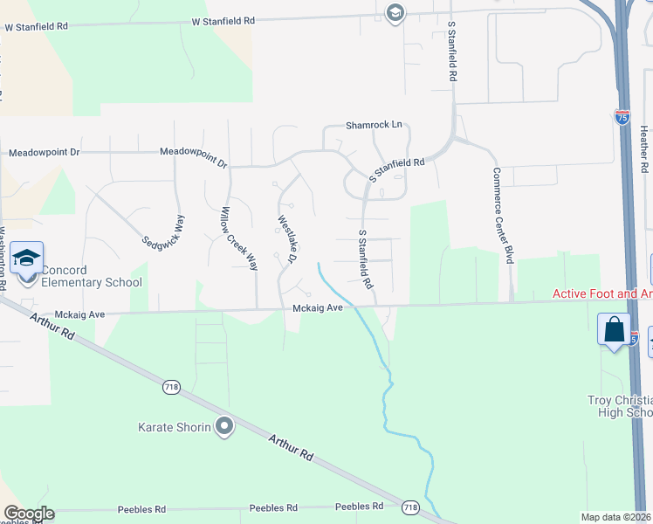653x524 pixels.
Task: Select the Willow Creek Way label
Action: [x=228, y=238]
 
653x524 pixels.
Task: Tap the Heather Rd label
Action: [x=643, y=148]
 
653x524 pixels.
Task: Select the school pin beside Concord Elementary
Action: [x=27, y=259]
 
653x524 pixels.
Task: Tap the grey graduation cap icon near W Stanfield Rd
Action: [x=395, y=12]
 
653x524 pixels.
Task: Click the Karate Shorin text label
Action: [x=175, y=427]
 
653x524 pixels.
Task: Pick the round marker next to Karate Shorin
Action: [x=225, y=427]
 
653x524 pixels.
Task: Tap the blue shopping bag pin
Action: [x=615, y=331]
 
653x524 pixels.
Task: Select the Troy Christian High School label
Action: [x=620, y=406]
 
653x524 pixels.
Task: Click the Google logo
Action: [x=29, y=514]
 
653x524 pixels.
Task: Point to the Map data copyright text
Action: [x=616, y=517]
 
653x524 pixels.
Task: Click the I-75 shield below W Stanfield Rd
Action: [x=622, y=117]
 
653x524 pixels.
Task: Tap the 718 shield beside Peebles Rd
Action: [x=411, y=507]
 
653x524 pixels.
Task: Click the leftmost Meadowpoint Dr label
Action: [x=44, y=152]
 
